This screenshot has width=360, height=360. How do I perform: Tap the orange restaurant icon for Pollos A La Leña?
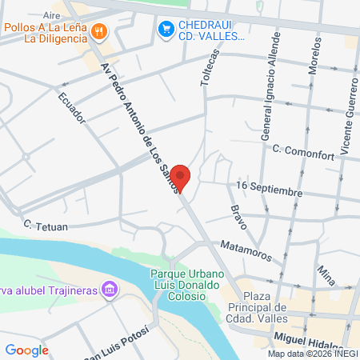(99, 31)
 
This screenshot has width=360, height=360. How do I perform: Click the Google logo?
(27, 350)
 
